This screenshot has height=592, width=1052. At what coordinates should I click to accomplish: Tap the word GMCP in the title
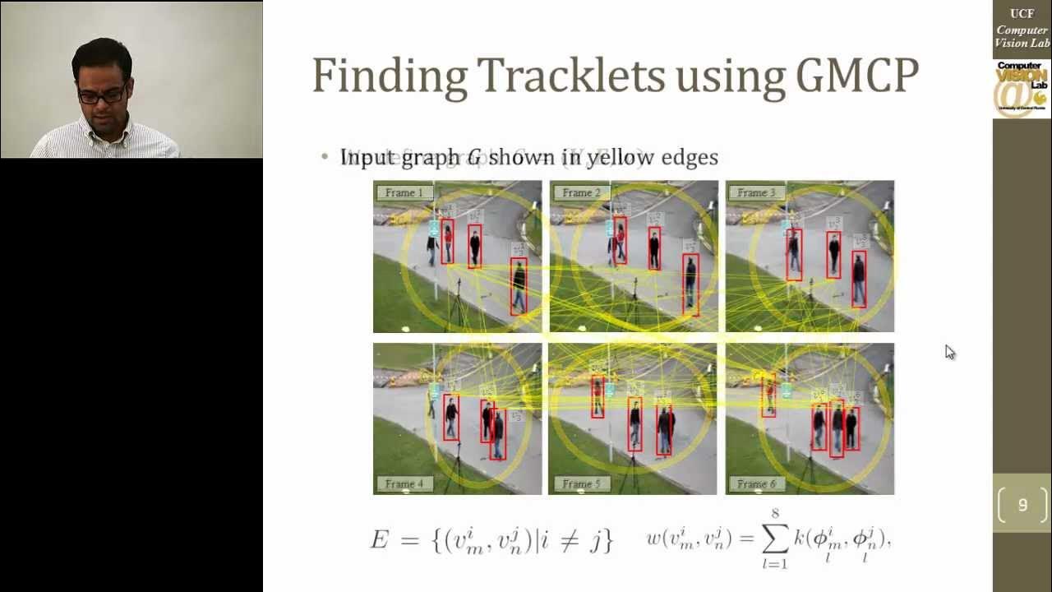coord(856,76)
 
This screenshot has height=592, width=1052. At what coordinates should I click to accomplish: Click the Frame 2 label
coord(580,193)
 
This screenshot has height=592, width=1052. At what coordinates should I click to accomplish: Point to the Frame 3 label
coord(756,193)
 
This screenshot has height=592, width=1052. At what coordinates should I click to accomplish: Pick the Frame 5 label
coord(580,483)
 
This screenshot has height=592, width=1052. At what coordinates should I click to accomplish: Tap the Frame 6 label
coord(756,483)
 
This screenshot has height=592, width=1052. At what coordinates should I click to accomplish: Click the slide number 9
coord(1022,505)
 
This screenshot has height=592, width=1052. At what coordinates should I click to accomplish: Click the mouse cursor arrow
coord(949,352)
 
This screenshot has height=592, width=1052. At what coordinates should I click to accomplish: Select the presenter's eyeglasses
coord(103,95)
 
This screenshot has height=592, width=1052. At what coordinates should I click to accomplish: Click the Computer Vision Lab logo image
coord(1022,90)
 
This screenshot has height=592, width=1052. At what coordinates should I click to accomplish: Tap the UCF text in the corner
coord(1022,14)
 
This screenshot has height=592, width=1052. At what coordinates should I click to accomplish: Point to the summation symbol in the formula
coord(773,539)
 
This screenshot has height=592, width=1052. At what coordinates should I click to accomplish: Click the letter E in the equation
coord(379,540)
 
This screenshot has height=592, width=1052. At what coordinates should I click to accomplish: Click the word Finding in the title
coord(389,76)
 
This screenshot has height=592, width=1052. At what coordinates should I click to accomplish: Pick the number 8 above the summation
coord(774,514)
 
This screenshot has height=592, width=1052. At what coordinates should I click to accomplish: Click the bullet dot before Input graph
coord(325,156)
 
